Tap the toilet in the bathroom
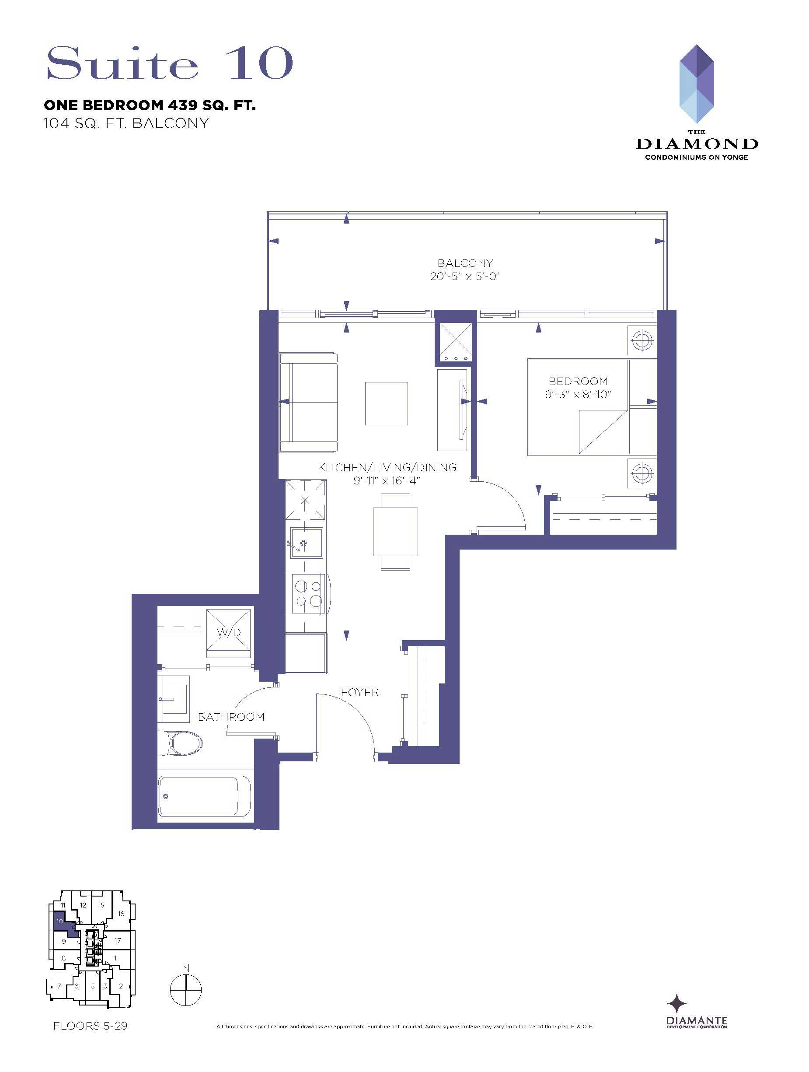point(180,743)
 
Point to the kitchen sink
point(306,543)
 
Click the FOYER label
point(359,693)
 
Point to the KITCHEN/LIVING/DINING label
point(387,467)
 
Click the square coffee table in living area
point(386,403)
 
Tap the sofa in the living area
point(309,402)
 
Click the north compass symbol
point(185,989)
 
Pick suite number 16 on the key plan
point(121,914)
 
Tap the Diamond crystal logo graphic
point(697,84)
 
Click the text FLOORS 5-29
point(90,1026)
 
